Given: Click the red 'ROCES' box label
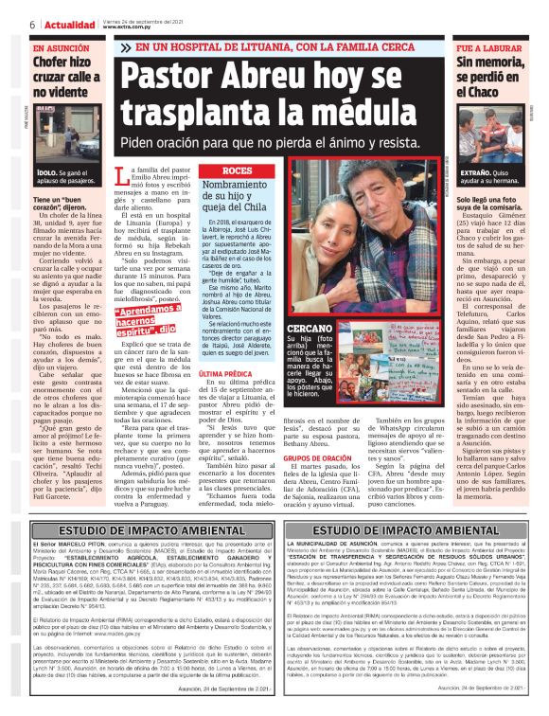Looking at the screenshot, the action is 237,170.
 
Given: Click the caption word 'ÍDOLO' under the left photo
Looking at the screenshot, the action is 47,172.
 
